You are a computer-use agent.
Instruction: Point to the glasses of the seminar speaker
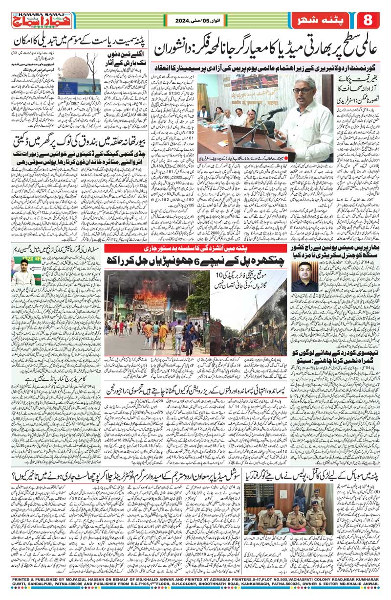click(303, 91)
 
